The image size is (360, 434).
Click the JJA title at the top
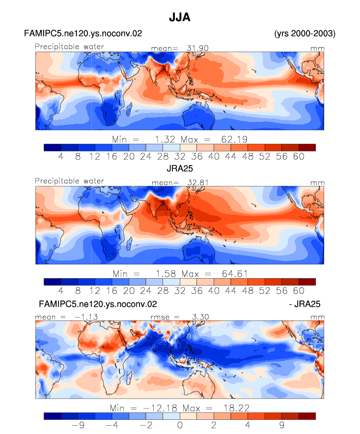[x=180, y=17]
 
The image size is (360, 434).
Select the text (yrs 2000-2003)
[x=305, y=33]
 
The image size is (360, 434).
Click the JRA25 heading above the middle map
[x=180, y=168]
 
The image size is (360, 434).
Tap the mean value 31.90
[x=197, y=48]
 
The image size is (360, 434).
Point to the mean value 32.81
[x=198, y=183]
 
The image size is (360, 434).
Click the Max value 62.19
[x=234, y=139]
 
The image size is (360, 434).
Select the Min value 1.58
[x=166, y=274]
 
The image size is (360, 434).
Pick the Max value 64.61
[x=234, y=274]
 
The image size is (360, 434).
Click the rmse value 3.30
[x=200, y=317]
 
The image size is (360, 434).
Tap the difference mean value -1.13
[x=86, y=317]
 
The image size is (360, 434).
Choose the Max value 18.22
[x=236, y=408]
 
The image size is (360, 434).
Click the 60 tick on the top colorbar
[x=299, y=157]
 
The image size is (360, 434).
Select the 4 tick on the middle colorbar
[x=61, y=291]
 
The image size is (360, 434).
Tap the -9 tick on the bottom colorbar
[x=78, y=425]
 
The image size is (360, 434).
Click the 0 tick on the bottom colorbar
[x=180, y=425]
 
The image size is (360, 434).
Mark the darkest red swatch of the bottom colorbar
[x=307, y=416]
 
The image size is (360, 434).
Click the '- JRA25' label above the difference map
[x=305, y=304]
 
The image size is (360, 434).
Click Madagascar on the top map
[x=129, y=109]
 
